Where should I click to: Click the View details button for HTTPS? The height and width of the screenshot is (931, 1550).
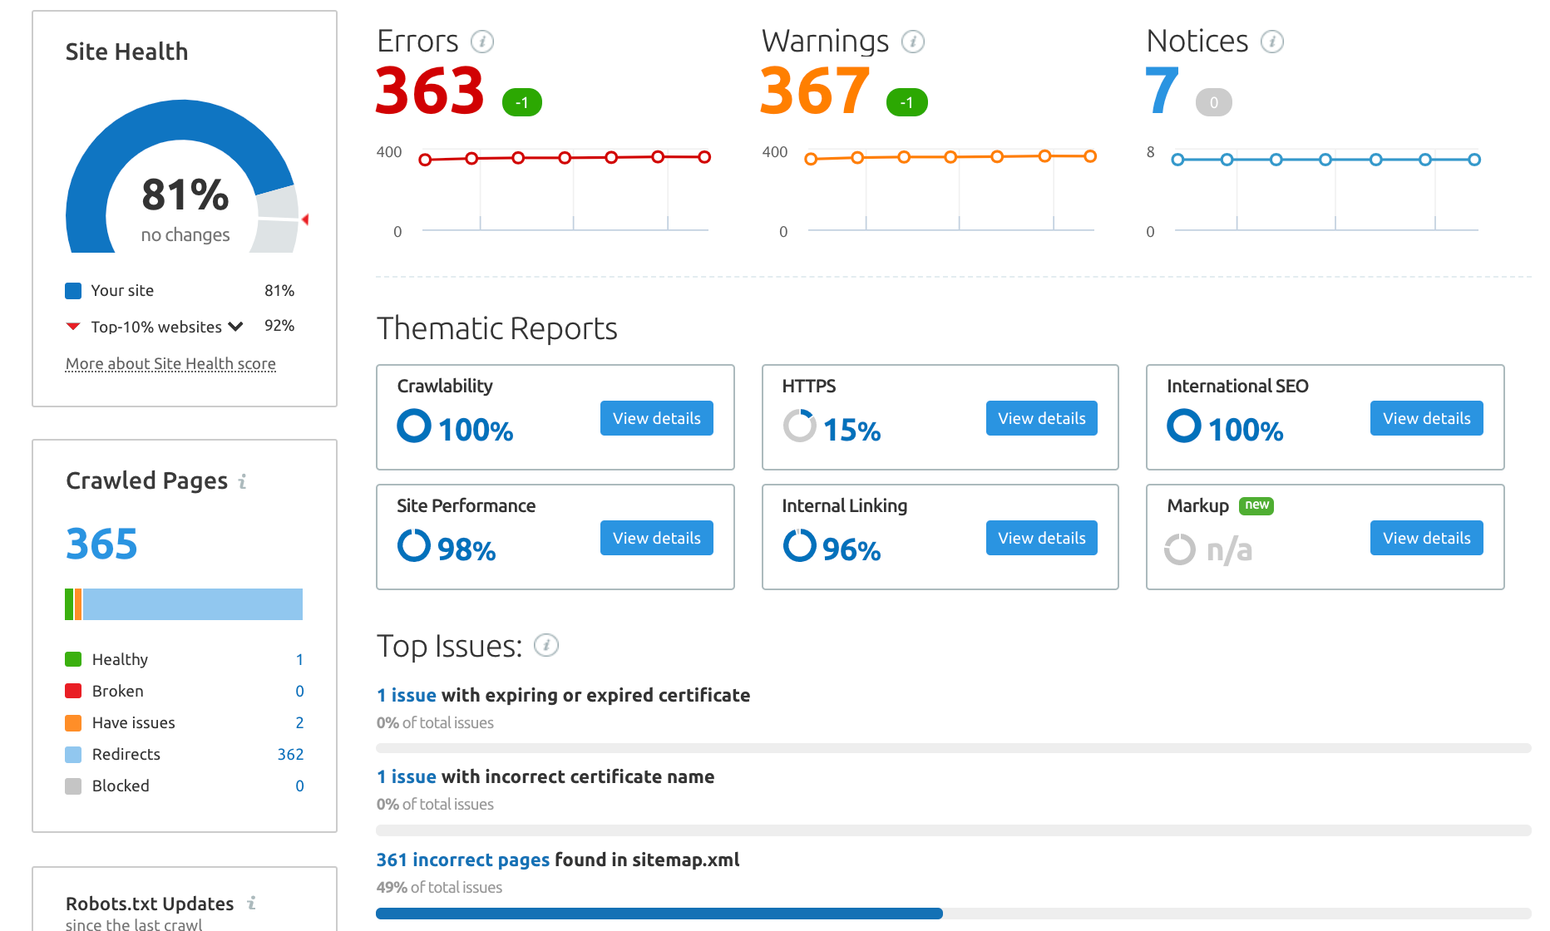click(x=1041, y=418)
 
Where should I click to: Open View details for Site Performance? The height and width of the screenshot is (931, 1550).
click(x=656, y=538)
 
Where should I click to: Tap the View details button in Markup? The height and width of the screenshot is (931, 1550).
click(x=1426, y=538)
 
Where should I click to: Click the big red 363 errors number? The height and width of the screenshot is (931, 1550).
click(x=429, y=91)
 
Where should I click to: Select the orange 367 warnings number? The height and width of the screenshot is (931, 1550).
click(x=814, y=91)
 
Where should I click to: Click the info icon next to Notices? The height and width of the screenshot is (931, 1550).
click(x=1271, y=42)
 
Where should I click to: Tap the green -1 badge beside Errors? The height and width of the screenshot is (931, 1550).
click(x=522, y=102)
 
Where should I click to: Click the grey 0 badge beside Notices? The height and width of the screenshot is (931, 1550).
click(x=1213, y=102)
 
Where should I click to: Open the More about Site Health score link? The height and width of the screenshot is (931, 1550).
click(x=170, y=363)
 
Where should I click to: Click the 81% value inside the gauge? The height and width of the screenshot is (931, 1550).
click(x=185, y=195)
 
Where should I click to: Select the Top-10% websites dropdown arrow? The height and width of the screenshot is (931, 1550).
click(x=236, y=327)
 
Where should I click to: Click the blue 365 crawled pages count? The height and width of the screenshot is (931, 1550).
click(x=101, y=544)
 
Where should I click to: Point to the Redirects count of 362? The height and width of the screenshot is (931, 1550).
click(x=290, y=754)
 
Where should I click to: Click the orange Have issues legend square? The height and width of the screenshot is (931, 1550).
click(x=73, y=722)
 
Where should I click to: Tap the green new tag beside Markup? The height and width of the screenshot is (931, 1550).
click(x=1256, y=505)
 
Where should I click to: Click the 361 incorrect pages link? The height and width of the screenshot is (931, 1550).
click(x=462, y=860)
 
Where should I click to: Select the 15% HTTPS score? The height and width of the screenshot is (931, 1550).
click(x=852, y=430)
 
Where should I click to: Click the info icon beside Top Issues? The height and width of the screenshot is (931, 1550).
click(x=545, y=645)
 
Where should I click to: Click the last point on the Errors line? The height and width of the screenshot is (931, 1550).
click(x=704, y=157)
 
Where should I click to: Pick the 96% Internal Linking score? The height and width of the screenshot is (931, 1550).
click(x=851, y=549)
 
